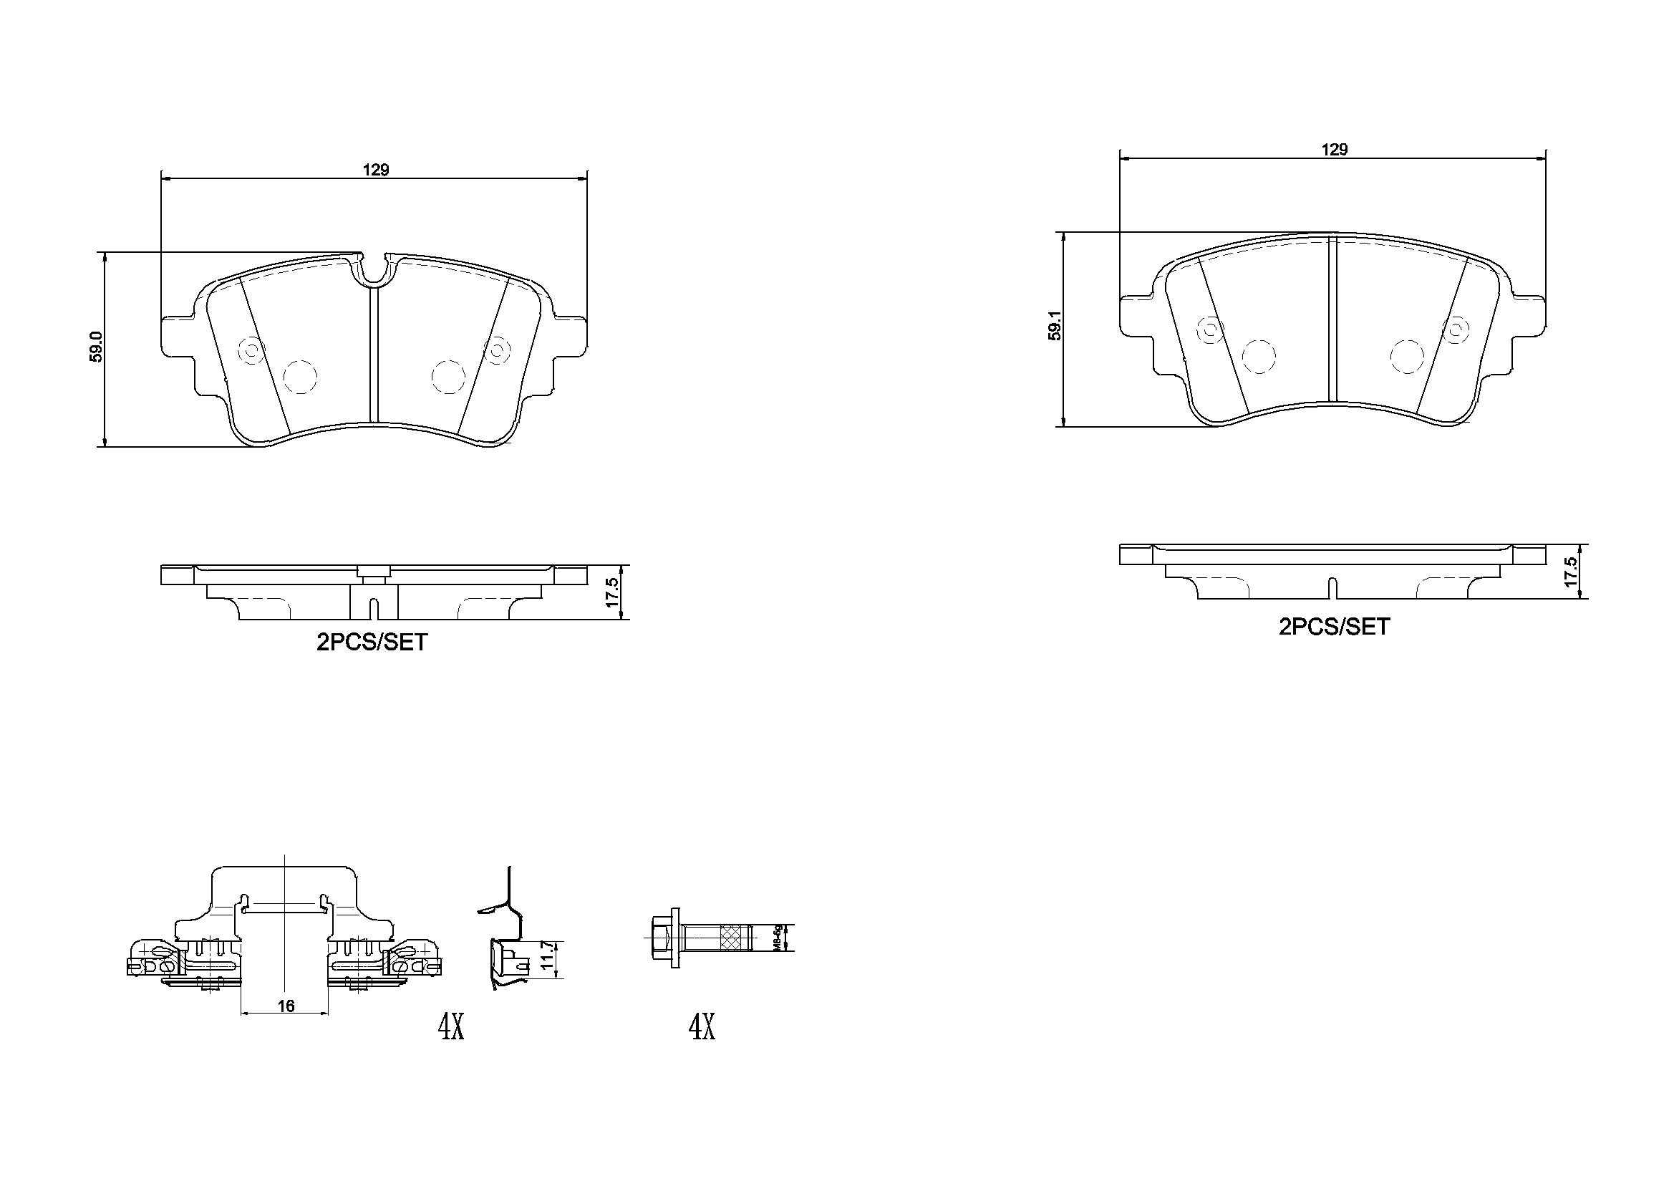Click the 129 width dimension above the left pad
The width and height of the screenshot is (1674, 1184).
(x=376, y=170)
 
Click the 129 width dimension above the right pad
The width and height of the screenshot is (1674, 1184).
(x=1334, y=150)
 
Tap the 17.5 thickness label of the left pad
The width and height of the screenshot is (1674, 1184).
(x=611, y=592)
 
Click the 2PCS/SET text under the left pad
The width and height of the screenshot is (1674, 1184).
(x=372, y=642)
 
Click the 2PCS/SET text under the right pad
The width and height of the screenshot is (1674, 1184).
(x=1334, y=627)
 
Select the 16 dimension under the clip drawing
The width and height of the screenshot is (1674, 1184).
(x=286, y=1006)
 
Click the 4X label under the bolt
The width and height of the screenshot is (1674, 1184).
(x=702, y=1028)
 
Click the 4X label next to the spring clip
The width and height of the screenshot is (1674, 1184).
(x=450, y=1028)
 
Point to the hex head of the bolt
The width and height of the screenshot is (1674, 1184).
(x=660, y=938)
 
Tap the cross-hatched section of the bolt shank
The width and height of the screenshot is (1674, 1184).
(x=735, y=938)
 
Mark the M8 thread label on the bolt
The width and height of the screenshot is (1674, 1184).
(x=778, y=938)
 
